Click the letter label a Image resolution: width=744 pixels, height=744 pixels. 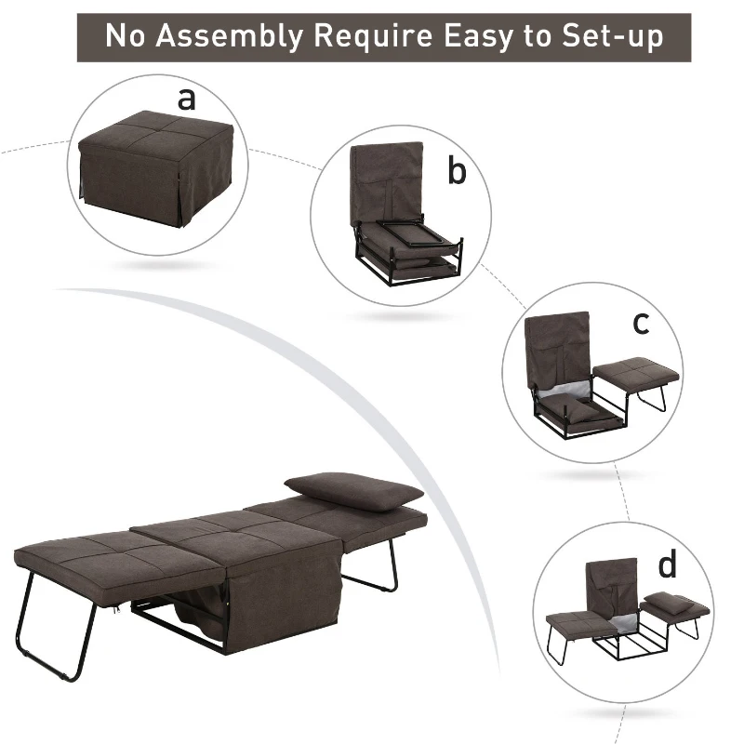[187, 98]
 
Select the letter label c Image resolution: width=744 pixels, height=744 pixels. [640, 323]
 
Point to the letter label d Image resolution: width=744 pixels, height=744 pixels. [667, 565]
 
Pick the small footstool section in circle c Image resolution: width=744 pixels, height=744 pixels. [632, 377]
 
